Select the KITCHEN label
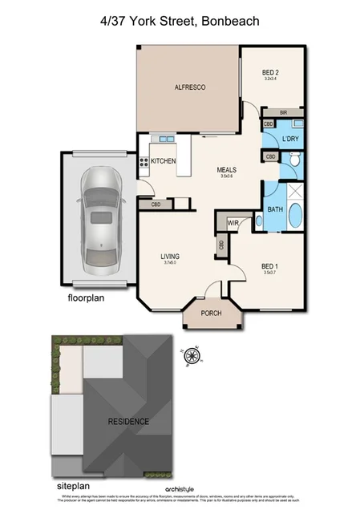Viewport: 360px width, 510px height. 164,161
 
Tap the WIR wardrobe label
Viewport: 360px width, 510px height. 234,223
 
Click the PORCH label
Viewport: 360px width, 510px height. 211,314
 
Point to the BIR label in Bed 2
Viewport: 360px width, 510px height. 283,112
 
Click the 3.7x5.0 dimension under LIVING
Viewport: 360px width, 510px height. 170,262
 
